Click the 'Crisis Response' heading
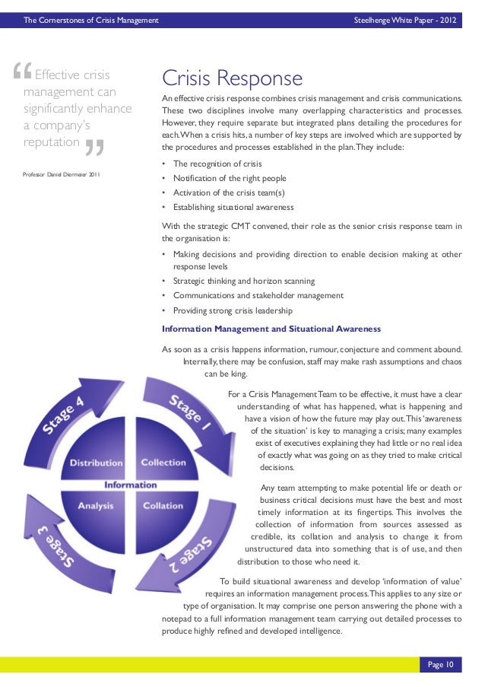232,79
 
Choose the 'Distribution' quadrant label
97,463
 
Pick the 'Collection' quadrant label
163,463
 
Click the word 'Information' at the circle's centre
131,485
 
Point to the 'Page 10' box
440,665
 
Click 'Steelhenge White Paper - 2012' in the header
406,19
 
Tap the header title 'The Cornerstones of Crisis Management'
91,19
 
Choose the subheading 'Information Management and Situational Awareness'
271,329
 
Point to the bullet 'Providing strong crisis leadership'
233,310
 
